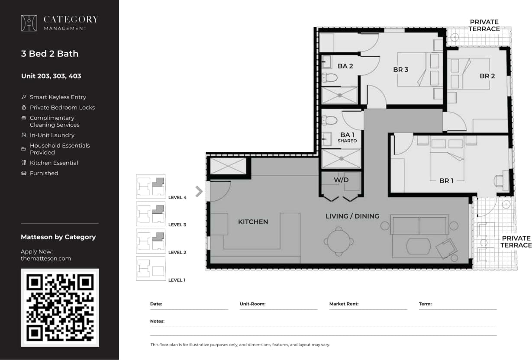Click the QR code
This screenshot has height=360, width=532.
tap(60, 308)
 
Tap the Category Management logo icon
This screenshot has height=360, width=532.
tap(29, 23)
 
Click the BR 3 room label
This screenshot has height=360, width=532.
tap(400, 69)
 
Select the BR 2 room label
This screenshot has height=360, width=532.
tap(487, 76)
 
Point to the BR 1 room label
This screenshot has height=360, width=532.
tap(446, 180)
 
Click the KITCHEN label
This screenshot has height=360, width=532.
tap(253, 222)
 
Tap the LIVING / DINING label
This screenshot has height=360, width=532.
tap(352, 216)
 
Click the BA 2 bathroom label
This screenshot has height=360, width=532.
tap(345, 66)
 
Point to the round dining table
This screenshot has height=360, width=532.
tap(339, 241)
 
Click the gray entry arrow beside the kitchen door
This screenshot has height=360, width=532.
tap(199, 191)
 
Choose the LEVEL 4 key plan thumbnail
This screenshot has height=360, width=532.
tap(151, 186)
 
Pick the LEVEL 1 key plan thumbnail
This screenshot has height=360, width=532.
tap(151, 269)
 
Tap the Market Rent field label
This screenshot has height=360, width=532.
tap(344, 304)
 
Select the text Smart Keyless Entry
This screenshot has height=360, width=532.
tap(58, 97)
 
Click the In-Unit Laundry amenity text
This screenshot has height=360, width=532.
tap(52, 135)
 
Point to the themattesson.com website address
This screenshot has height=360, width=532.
tap(45, 258)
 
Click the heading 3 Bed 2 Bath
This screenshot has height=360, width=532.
tap(50, 54)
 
